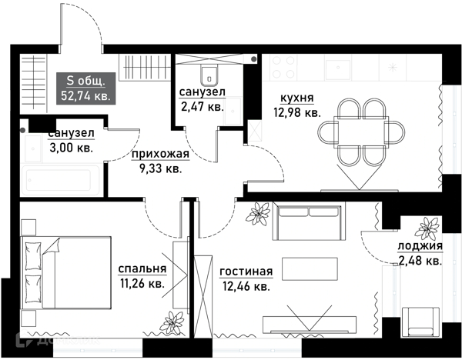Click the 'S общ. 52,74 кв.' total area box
[85, 88]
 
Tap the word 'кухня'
[297, 98]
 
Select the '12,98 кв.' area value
[297, 112]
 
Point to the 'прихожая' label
[160, 155]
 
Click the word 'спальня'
[142, 269]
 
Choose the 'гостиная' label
[246, 272]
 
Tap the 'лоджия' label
[420, 246]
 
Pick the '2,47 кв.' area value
[202, 107]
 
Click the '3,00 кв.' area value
[72, 148]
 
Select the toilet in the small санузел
[209, 75]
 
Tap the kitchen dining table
[360, 132]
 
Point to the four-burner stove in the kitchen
[283, 67]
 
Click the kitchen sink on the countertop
[338, 70]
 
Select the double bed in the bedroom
[66, 272]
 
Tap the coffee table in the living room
[310, 269]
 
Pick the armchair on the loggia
[420, 322]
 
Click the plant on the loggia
[427, 228]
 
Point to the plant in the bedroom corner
[172, 323]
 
